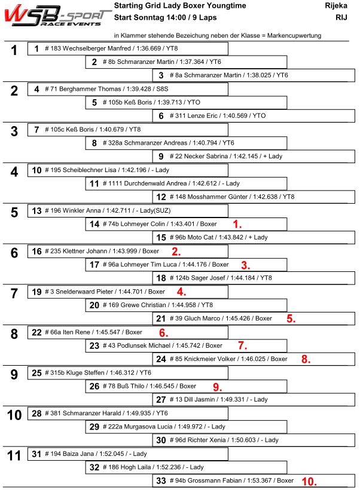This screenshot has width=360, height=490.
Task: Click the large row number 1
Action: coord(14,50)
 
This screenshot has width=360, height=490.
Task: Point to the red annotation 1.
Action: coord(237,224)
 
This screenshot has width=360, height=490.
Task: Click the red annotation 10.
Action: coord(309,481)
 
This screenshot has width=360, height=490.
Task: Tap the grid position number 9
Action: coord(161,157)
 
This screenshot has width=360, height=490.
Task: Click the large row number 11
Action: coord(14,455)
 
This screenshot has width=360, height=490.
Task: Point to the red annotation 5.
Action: coord(291,318)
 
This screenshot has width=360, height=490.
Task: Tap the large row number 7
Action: coord(14,293)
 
